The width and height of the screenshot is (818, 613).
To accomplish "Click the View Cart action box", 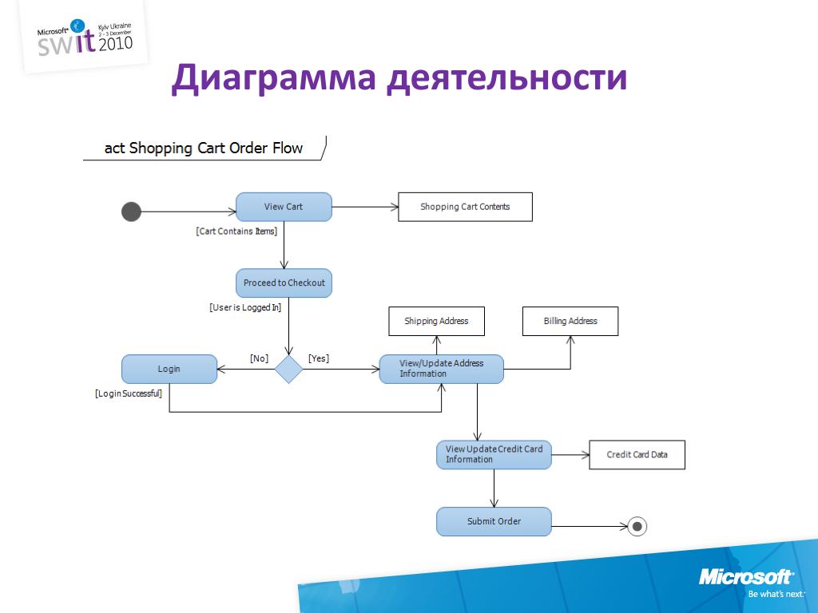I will (x=284, y=207).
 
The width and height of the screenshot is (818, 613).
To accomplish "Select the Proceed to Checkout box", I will (x=284, y=283).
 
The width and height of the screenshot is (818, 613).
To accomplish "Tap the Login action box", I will (x=169, y=369).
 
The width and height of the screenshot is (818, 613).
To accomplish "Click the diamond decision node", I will (x=289, y=369).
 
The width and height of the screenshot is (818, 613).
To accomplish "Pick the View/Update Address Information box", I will (x=441, y=369).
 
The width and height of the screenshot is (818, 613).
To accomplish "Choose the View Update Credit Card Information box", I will (x=494, y=454).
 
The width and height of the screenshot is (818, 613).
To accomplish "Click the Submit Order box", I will (x=494, y=521).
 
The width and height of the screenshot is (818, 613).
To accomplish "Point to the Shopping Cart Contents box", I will (x=465, y=207).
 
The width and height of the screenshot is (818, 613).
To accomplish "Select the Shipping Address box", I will (x=436, y=321).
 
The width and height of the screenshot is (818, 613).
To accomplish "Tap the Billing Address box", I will (x=570, y=321).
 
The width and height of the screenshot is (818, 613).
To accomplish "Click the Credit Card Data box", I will (x=637, y=454).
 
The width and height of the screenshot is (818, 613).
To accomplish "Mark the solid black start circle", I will (x=131, y=212).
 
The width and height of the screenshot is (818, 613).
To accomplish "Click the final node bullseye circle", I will (x=637, y=525).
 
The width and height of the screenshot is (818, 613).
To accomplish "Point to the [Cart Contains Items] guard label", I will (x=236, y=231).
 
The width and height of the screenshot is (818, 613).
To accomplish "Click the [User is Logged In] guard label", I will (x=245, y=307).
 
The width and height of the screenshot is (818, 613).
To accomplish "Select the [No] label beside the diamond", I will (x=259, y=358).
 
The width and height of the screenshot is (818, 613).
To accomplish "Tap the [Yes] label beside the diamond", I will (x=319, y=358).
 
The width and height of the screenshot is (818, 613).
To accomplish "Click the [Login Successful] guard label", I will (x=129, y=393).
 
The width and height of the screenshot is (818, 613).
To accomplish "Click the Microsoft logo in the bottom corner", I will (x=746, y=577).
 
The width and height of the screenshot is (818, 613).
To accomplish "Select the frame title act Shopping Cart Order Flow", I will (x=204, y=148).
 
